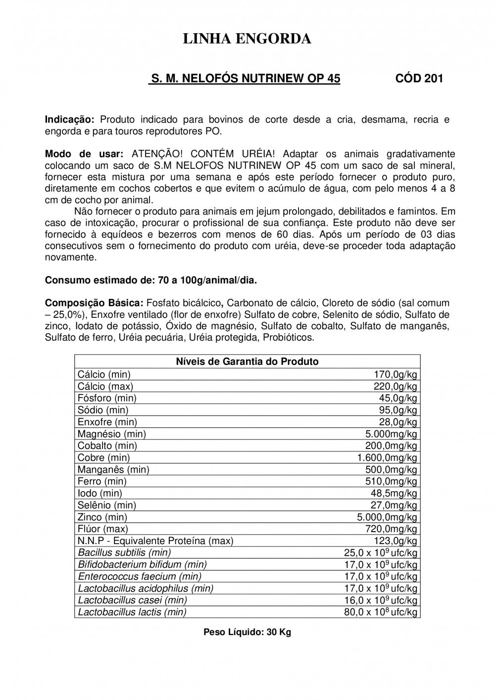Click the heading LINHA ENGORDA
click(247, 39)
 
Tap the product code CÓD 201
click(419, 79)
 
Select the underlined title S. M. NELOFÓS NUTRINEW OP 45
click(245, 79)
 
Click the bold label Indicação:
click(69, 120)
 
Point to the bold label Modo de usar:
click(84, 154)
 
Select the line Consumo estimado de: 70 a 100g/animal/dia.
click(151, 280)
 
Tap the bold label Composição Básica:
click(94, 303)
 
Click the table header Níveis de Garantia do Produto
click(247, 361)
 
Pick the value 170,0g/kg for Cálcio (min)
click(395, 375)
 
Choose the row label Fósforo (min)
click(107, 399)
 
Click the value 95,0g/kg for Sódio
click(397, 410)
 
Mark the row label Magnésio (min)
click(112, 434)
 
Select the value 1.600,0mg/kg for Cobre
click(387, 458)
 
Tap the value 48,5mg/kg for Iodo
click(394, 494)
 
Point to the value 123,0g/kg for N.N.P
click(395, 541)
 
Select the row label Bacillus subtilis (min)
click(124, 553)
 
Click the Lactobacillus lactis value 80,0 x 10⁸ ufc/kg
click(381, 612)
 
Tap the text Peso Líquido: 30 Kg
click(247, 632)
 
